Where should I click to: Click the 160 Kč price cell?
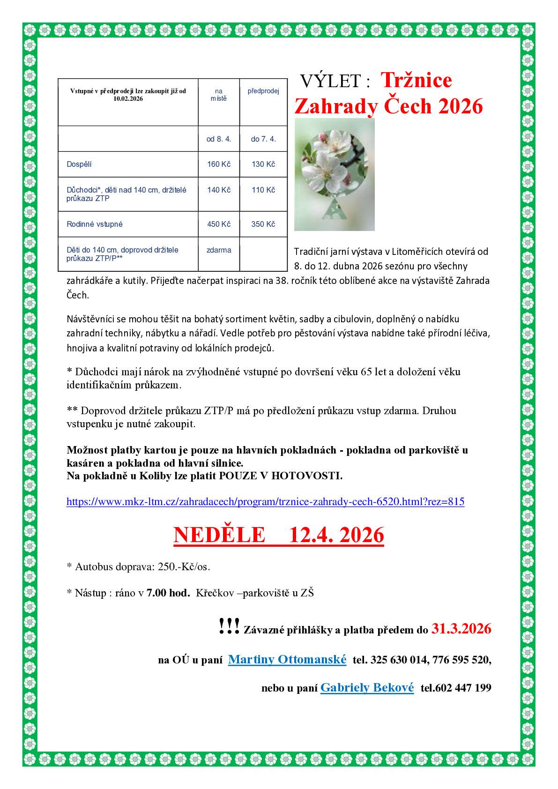[x=219, y=164]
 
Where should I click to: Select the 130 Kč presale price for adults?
[x=263, y=164]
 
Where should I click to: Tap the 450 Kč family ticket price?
[x=219, y=224]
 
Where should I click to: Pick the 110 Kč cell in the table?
[x=263, y=190]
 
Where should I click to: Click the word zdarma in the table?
[x=219, y=250]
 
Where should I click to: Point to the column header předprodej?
[x=263, y=91]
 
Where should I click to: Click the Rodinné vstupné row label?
[x=95, y=224]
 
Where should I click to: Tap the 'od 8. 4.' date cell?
[x=219, y=139]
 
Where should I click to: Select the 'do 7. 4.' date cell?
[x=263, y=139]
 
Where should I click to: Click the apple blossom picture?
[x=334, y=174]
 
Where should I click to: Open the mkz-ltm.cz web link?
[x=265, y=502]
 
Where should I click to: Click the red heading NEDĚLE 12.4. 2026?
[x=279, y=535]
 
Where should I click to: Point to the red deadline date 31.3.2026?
[x=461, y=629]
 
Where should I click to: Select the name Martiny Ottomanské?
[x=287, y=660]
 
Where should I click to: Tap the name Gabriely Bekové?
[x=367, y=688]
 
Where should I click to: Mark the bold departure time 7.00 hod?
[x=168, y=593]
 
